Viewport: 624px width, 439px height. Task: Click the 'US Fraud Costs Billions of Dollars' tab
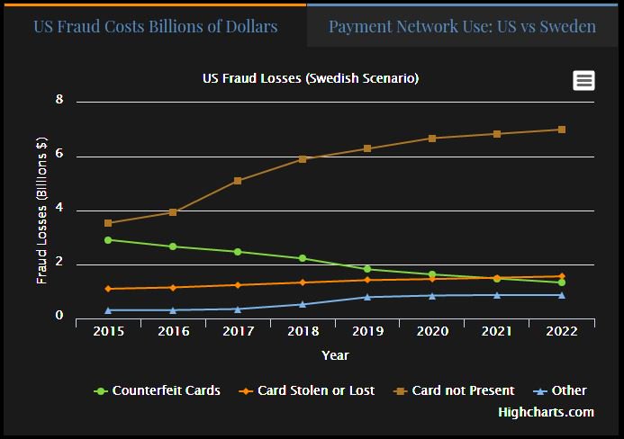coord(155,26)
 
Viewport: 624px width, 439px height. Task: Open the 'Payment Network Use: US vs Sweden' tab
coord(462,26)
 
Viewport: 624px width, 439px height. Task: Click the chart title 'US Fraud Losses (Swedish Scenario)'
coord(311,79)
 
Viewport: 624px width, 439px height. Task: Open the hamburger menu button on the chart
coord(583,80)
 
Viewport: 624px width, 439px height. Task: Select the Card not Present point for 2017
coord(238,181)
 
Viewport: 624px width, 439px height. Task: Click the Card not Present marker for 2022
coord(562,130)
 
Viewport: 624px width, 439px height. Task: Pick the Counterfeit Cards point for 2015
coord(108,240)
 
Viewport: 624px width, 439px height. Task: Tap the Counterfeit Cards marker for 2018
coord(303,258)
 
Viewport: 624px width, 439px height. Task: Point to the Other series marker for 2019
coord(367,297)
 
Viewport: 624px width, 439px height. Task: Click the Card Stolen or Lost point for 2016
coord(173,288)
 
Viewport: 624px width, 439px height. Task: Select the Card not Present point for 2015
coord(108,223)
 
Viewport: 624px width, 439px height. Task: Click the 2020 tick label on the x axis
coord(432,332)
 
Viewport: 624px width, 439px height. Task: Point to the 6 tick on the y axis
coord(59,155)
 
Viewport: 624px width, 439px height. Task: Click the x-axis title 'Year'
coord(335,355)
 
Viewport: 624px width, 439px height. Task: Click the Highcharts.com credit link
coord(546,412)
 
